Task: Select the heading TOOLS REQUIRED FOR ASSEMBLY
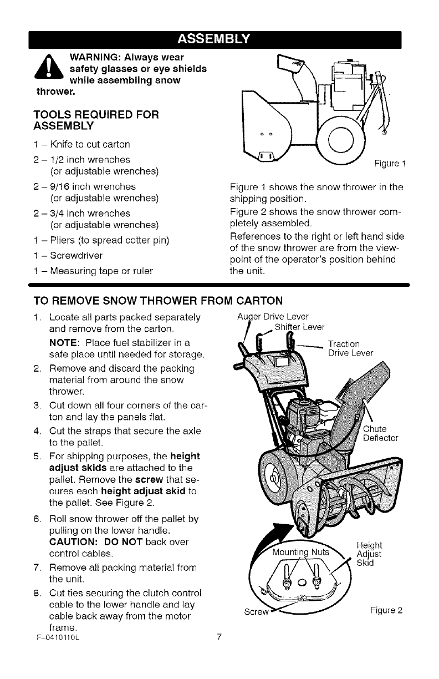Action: [x=96, y=120]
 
